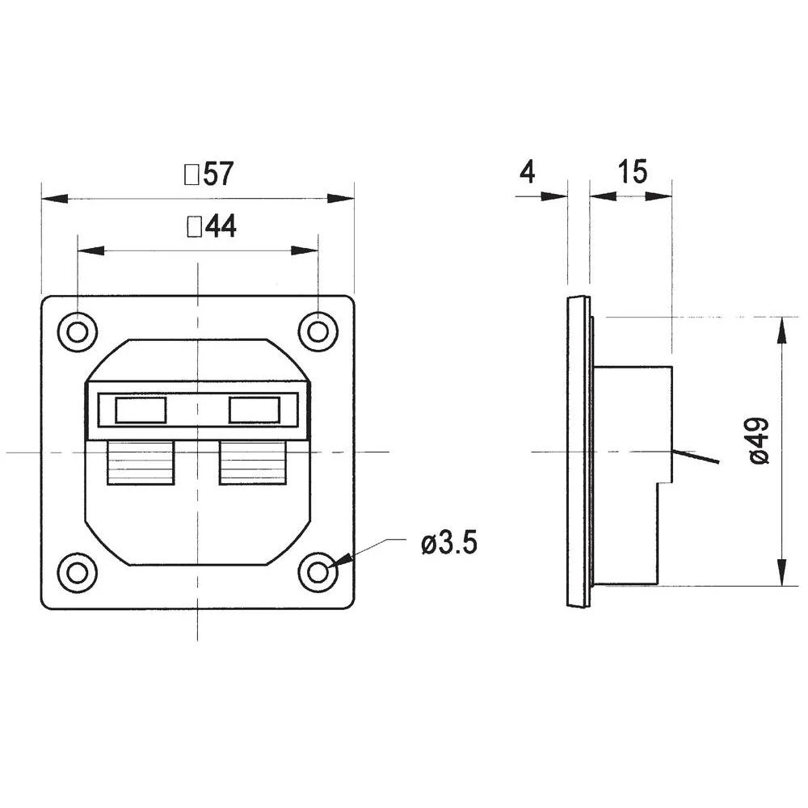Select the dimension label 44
[221, 228]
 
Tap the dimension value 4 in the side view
[527, 172]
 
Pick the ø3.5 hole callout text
[449, 544]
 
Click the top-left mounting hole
[78, 331]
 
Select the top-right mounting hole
[318, 330]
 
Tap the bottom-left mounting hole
[78, 572]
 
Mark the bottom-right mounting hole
[318, 572]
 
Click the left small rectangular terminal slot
[141, 410]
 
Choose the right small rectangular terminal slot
[255, 410]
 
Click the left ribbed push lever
[141, 463]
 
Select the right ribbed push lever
[254, 463]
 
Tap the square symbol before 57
[192, 175]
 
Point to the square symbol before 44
[194, 228]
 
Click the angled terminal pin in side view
[696, 457]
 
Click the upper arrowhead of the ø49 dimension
[781, 326]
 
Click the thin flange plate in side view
[578, 452]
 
